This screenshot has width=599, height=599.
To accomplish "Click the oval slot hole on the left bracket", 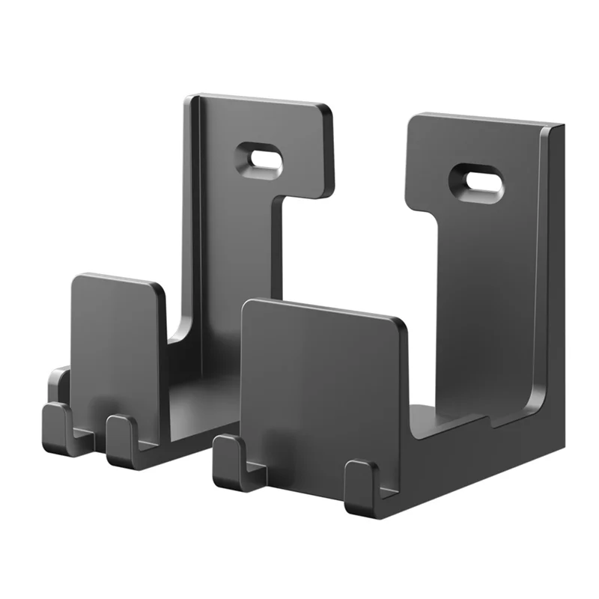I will [260, 159].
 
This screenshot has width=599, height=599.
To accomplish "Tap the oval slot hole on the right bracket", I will [476, 182].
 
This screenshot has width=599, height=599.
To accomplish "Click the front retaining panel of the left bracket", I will [116, 344].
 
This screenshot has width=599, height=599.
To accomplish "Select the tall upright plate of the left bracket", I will [232, 247].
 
